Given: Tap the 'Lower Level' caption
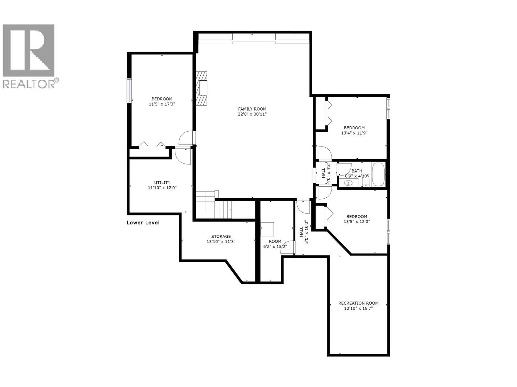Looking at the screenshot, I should pyautogui.click(x=143, y=223).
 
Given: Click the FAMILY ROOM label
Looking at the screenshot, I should pyautogui.click(x=252, y=109).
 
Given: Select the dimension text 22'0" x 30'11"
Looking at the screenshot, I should pyautogui.click(x=252, y=114).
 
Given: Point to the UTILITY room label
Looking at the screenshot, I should pyautogui.click(x=162, y=183).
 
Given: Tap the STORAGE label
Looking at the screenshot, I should pyautogui.click(x=221, y=236).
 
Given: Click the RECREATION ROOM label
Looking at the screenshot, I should pyautogui.click(x=358, y=303).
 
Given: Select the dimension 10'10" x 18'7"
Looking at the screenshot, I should pyautogui.click(x=358, y=309).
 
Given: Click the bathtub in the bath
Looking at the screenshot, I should pyautogui.click(x=378, y=174).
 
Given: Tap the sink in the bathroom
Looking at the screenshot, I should pyautogui.click(x=348, y=184).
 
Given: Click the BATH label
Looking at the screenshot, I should pyautogui.click(x=357, y=171).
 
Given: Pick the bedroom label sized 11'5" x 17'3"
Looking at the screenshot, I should pyautogui.click(x=162, y=99).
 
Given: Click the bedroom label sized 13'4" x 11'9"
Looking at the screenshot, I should pyautogui.click(x=354, y=128).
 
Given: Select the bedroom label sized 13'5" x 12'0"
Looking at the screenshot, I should pyautogui.click(x=357, y=217).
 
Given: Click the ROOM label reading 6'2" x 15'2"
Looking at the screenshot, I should pyautogui.click(x=275, y=241).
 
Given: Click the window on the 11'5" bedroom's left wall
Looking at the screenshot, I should pyautogui.click(x=129, y=91).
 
